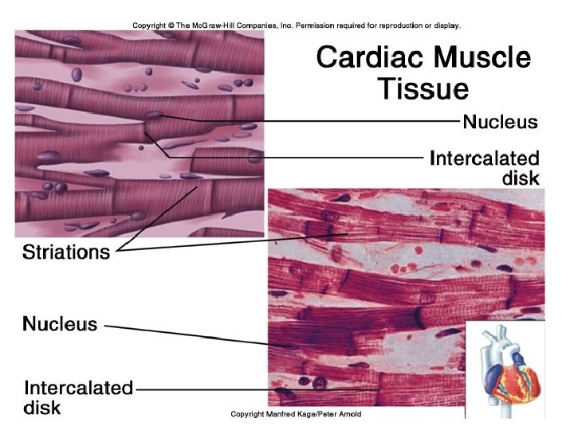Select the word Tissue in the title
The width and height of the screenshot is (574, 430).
(x=423, y=88)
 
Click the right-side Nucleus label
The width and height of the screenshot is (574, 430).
(x=500, y=122)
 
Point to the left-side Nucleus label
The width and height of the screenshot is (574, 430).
(x=60, y=324)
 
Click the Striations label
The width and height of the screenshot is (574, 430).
(x=65, y=252)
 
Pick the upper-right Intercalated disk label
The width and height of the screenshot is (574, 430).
(x=484, y=167)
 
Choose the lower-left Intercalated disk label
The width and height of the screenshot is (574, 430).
(x=77, y=397)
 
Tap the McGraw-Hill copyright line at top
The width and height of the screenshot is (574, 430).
(x=297, y=25)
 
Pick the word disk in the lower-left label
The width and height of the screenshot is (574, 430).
(x=41, y=408)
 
